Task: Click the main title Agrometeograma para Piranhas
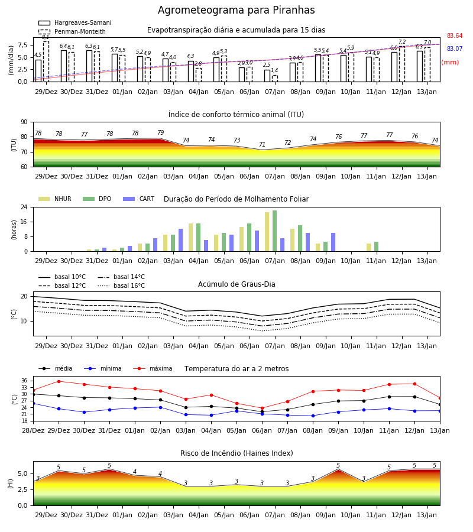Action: (236, 10)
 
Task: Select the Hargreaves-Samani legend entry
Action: (75, 22)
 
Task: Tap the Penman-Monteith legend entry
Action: (72, 31)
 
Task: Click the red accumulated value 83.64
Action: (455, 35)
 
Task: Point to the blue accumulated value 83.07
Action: (455, 48)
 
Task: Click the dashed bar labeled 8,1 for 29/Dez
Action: (46, 61)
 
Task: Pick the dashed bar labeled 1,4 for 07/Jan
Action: (275, 79)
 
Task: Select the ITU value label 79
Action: (160, 132)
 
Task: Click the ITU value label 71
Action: (262, 144)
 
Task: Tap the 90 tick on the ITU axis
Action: (24, 122)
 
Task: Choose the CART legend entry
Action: (139, 199)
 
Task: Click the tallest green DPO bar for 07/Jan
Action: (274, 231)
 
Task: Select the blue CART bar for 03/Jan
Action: (180, 240)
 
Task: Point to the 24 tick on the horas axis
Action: (24, 207)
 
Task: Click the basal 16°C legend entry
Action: (121, 286)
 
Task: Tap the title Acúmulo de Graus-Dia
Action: (237, 284)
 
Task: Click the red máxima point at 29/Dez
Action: (59, 381)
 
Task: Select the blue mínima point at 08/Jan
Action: (313, 416)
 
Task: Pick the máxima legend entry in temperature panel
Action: (153, 368)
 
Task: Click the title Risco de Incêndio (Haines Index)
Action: (237, 453)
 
